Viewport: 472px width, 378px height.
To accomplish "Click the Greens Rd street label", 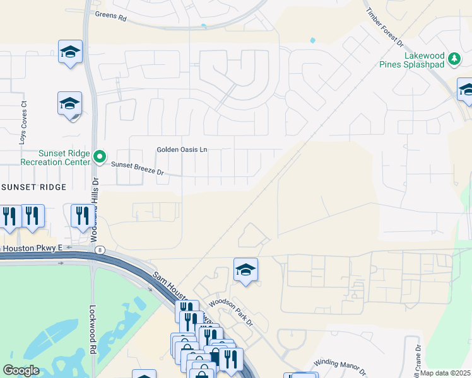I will (x=110, y=16).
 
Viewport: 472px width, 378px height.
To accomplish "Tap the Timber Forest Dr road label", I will (x=382, y=25).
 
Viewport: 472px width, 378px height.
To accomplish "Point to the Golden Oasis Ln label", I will (x=182, y=150).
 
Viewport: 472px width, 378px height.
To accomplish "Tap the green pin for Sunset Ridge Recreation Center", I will (x=99, y=156).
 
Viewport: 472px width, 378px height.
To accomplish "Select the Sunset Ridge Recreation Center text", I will (x=56, y=157).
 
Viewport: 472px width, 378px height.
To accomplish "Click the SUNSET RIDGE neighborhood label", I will (x=34, y=188).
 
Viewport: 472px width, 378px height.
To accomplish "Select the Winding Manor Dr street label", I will (x=340, y=365).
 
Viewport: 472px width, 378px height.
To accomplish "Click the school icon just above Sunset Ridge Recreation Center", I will (x=70, y=103).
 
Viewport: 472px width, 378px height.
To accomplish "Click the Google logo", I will (x=21, y=370).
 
